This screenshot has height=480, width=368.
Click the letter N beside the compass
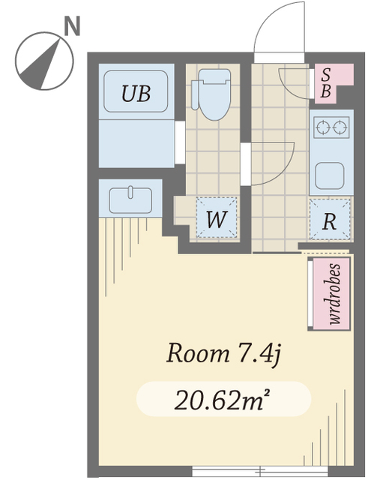point(72,26)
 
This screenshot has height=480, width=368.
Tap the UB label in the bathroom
point(136,93)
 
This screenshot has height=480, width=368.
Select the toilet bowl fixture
point(214,94)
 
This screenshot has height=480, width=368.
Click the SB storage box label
point(326,83)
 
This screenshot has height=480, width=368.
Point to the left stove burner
point(322,127)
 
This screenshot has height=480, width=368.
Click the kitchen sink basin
point(330,175)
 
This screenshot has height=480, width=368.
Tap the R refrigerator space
point(330,219)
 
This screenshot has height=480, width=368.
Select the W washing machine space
point(217,217)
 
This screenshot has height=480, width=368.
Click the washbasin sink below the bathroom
point(130,200)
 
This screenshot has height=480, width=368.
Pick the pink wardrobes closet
point(329,294)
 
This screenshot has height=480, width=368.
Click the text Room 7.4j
point(223,354)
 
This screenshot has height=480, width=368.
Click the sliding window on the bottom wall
point(260,470)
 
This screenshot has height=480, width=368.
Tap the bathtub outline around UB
point(136,91)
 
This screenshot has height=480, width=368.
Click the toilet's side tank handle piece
point(195,95)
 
